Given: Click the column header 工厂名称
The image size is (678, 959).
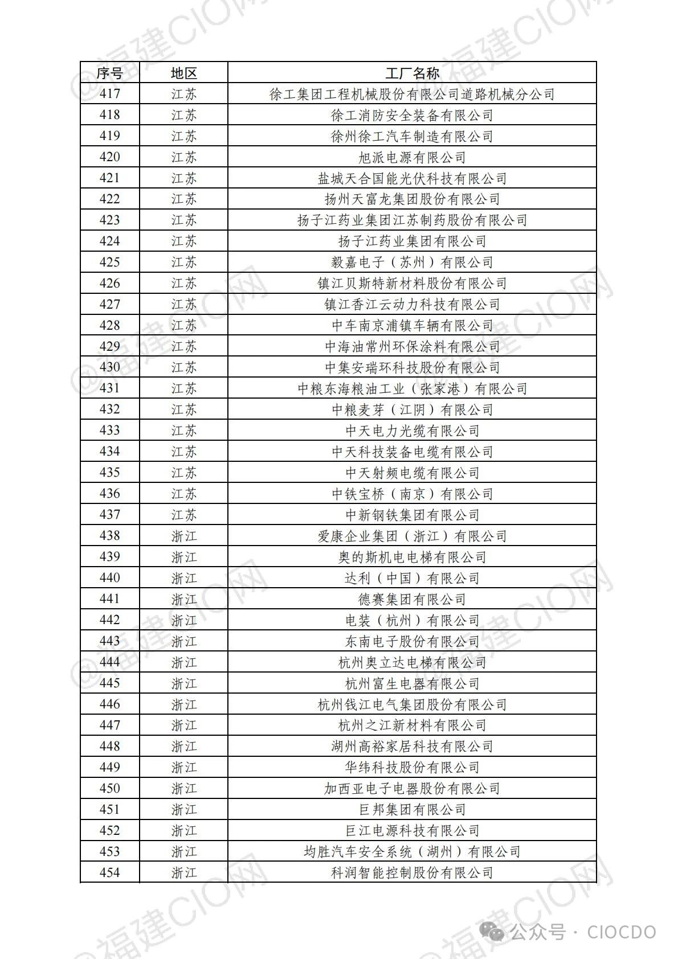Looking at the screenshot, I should (x=412, y=73).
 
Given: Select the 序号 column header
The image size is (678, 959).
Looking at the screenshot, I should (x=109, y=73).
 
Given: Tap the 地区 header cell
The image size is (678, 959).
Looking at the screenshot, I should (x=183, y=73).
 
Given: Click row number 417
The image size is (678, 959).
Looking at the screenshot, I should (x=109, y=94).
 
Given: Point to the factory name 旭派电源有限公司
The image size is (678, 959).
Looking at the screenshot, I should (x=412, y=157).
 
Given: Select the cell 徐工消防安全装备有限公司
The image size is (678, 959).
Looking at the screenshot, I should (x=412, y=115).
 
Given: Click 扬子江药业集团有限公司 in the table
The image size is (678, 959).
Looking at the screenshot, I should (x=412, y=241).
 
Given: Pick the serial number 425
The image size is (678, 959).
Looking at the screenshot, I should (x=109, y=263).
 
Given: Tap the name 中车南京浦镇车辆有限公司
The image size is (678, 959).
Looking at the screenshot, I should (x=412, y=326).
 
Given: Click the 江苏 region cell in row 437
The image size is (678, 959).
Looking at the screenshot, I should (x=183, y=515).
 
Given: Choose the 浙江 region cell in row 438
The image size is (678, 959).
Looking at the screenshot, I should (x=183, y=536).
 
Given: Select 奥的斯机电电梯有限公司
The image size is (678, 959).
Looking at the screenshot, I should (x=412, y=557).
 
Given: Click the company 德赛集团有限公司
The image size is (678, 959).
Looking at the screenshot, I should (x=412, y=599).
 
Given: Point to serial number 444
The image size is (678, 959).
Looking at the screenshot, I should (x=109, y=662).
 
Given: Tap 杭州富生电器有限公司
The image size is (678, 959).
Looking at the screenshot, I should (x=412, y=683).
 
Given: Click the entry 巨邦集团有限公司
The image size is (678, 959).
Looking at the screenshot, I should (x=412, y=809).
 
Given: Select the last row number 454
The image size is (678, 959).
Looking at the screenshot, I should (x=109, y=872).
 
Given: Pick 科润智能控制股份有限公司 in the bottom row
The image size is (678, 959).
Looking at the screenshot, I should (x=412, y=872).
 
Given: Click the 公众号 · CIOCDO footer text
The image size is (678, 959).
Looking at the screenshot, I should (x=582, y=932).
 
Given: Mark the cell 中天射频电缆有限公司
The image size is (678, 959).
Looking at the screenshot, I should (x=412, y=473).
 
